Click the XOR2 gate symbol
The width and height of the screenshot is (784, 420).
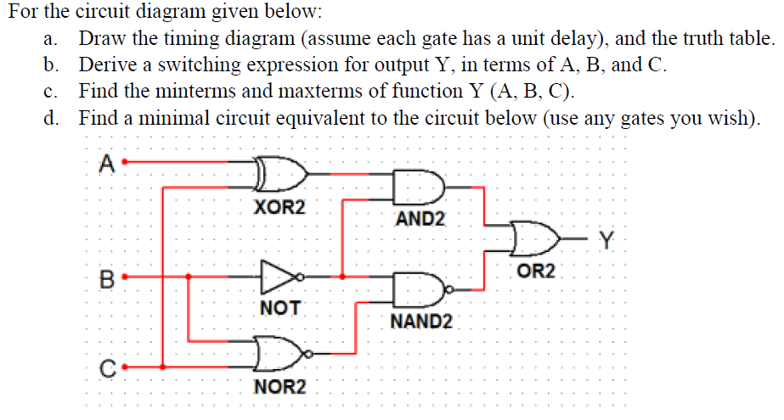point(279,173)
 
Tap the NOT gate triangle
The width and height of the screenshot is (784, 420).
point(276,276)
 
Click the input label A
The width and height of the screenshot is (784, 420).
point(105,163)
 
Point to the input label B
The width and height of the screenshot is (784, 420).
point(106,278)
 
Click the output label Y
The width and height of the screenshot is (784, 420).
point(606,240)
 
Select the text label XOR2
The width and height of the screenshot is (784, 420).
point(279,206)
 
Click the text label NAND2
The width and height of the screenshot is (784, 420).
point(421,322)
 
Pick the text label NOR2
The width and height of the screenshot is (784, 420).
point(279,388)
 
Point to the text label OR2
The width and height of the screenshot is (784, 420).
point(536,272)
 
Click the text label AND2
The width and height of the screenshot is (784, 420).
point(420,220)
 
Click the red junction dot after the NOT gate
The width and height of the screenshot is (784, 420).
point(341,276)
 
